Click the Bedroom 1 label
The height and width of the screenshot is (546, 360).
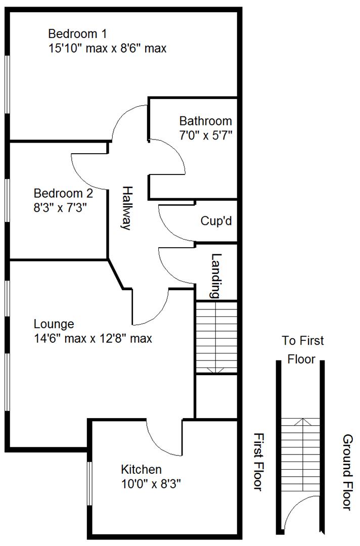pos(77,34)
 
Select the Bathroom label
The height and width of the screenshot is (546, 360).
pos(206,121)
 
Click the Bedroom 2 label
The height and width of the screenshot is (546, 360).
pos(63,193)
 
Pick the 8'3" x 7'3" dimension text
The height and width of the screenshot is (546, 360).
pos(61,207)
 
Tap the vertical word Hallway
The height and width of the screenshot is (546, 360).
pos(126,208)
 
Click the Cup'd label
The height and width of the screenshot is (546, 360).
pos(216,221)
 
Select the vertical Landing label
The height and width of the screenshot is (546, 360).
pos(216,275)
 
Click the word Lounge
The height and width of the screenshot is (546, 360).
pos(54,324)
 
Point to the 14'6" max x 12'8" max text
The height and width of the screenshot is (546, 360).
pos(93,338)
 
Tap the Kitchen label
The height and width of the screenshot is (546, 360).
pos(142,470)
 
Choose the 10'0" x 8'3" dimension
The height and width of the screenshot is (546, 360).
pos(151,484)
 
